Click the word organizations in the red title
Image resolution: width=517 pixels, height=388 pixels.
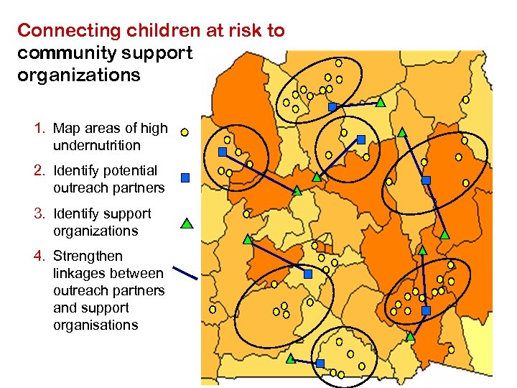[79, 75]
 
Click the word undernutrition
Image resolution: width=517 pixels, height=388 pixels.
[97, 146]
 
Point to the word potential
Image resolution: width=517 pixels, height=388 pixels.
[129, 171]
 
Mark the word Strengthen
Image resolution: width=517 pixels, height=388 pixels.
[88, 257]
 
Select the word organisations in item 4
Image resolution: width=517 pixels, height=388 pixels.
[96, 325]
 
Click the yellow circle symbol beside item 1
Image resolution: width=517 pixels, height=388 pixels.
[184, 132]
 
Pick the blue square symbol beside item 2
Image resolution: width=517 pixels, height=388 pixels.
[185, 177]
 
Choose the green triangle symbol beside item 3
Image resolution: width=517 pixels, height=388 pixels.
[186, 223]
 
